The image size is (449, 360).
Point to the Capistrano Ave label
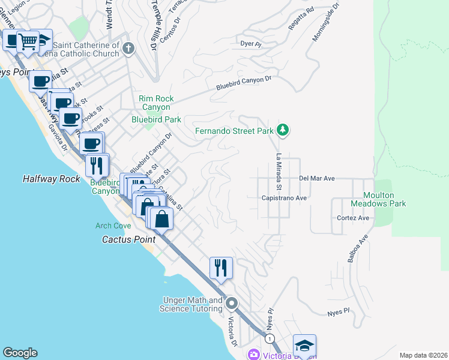click(x=284, y=197)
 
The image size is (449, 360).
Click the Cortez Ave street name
click(x=353, y=218)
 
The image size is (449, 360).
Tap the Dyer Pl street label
click(x=251, y=44)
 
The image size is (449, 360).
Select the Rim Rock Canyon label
click(x=156, y=103)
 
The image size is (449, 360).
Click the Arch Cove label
click(x=113, y=226)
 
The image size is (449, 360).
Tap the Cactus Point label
click(x=128, y=239)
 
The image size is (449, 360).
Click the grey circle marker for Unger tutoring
click(x=232, y=304)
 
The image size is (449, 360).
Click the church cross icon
click(x=128, y=48)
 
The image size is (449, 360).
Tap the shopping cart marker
click(x=27, y=41)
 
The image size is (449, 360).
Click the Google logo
click(x=20, y=353)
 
